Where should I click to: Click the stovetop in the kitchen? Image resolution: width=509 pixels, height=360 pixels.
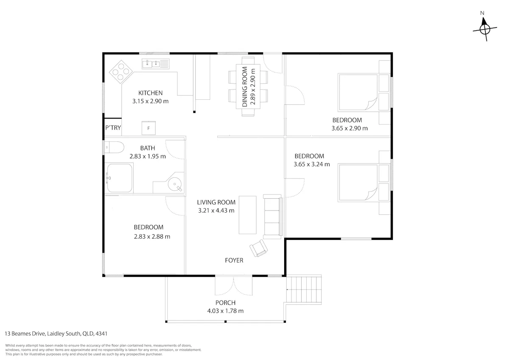click(x=121, y=72)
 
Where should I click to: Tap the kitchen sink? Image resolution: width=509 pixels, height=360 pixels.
click(x=156, y=64)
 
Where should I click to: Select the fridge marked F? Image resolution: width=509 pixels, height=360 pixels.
click(x=148, y=128)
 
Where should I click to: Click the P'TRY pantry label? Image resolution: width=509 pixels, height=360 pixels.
click(x=113, y=128)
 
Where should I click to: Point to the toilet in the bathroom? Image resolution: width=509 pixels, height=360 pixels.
click(x=114, y=147)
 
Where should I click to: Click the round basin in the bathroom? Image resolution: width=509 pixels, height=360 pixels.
click(x=175, y=184)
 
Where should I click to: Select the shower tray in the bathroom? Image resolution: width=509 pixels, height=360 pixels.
click(x=119, y=178)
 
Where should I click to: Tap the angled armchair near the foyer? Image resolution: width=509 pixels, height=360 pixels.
click(x=258, y=248)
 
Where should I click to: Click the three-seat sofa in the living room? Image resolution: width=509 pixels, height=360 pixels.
click(x=273, y=217)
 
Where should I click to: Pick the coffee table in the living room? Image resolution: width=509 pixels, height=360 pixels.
click(x=247, y=215)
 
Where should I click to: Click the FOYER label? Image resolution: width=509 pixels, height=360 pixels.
click(x=234, y=260)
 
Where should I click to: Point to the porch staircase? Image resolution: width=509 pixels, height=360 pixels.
click(x=304, y=290)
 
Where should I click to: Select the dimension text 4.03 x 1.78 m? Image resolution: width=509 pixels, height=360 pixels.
click(x=225, y=311)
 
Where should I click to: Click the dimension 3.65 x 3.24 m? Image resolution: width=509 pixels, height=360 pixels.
click(x=312, y=164)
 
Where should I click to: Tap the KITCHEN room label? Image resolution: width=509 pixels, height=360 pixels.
click(x=151, y=93)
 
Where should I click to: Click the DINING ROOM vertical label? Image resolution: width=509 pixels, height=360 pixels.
click(x=244, y=87)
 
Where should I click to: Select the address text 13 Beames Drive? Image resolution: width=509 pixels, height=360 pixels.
click(x=25, y=334)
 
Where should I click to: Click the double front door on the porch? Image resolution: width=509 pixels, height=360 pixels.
click(x=234, y=285)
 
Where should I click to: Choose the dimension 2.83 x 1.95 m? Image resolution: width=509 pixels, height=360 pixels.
click(x=148, y=156)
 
